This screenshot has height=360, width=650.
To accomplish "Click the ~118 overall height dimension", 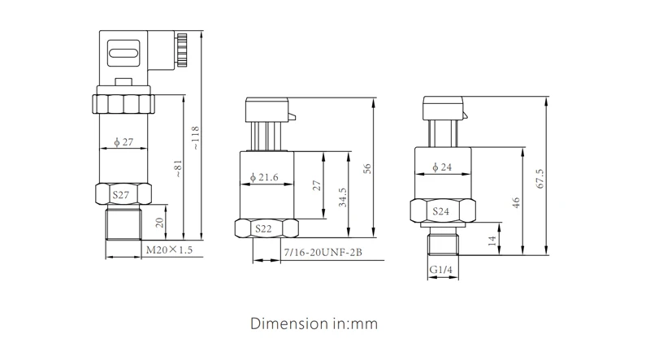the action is pyautogui.click(x=195, y=138).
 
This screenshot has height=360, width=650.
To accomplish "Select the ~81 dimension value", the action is pyautogui.click(x=178, y=168).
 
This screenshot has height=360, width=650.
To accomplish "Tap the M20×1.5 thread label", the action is pyautogui.click(x=169, y=249).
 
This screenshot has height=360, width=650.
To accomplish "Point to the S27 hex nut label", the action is pyautogui.click(x=121, y=195).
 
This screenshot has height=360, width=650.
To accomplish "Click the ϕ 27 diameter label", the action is pyautogui.click(x=123, y=142).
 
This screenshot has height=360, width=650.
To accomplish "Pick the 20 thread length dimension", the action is pyautogui.click(x=159, y=223).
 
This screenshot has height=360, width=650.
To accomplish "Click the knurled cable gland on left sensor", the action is pyautogui.click(x=181, y=50).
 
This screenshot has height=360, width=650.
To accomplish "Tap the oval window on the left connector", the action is pyautogui.click(x=123, y=53).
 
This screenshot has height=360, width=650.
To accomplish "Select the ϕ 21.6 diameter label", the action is pyautogui.click(x=264, y=177).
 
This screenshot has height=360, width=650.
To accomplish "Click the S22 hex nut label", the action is pyautogui.click(x=263, y=228).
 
